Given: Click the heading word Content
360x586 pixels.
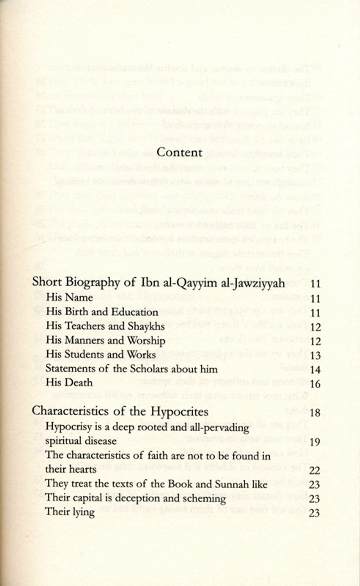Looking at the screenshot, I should point(179,152).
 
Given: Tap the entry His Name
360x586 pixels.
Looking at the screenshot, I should point(69,298).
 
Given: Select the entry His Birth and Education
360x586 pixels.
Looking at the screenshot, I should point(102,312).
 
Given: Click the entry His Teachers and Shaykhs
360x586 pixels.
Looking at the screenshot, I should point(105,326).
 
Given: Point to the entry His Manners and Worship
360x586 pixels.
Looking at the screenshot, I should point(106,341).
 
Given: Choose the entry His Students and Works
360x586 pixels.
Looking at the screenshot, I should point(101,355).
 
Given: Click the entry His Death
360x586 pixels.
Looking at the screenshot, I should point(69,382).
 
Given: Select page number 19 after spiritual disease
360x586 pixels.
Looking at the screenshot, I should point(315,442).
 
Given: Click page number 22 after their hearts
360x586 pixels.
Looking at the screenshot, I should point(315,471).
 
